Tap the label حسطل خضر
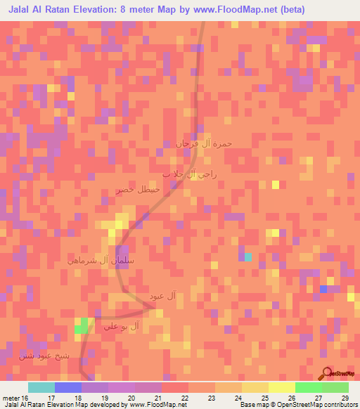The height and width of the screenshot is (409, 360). click(139, 190)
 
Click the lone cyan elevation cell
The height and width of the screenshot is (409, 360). click(247, 257)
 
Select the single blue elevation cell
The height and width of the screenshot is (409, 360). click(323, 289)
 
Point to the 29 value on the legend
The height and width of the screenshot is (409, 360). click(345, 398)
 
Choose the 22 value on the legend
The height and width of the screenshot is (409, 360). click(184, 398)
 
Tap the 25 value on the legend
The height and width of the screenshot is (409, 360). click(264, 398)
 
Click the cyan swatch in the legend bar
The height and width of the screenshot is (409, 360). click(41, 387)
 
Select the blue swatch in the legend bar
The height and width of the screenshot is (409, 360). click(67, 387)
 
